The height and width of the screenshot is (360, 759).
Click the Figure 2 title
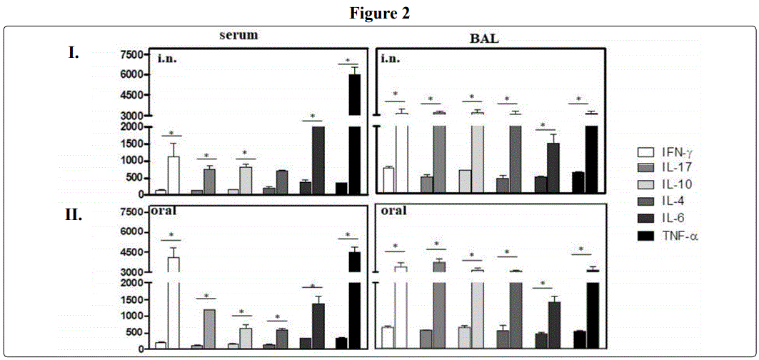379,14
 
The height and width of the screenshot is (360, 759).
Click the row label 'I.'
74,52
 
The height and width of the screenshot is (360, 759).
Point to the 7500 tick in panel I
132,55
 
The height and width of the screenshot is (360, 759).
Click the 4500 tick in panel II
132,252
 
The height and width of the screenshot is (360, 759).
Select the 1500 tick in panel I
132,144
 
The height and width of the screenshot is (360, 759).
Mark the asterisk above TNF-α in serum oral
348,235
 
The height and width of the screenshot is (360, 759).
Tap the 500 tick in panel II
135,333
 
